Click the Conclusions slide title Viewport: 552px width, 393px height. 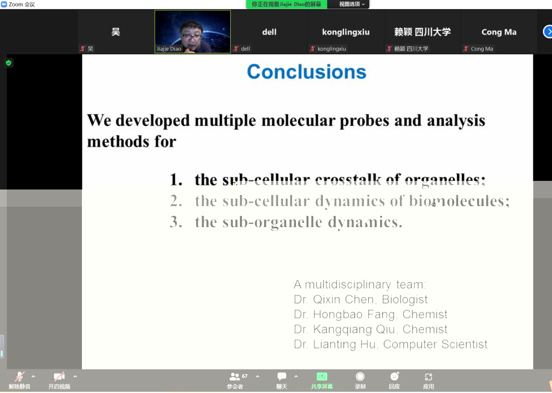[x=306, y=72]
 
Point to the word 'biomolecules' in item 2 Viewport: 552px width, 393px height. [x=459, y=201]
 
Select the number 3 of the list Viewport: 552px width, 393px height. [x=176, y=222]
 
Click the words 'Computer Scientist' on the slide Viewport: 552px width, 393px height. [x=435, y=344]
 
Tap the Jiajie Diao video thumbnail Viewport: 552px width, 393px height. [x=192, y=32]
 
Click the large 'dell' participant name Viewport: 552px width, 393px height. [x=270, y=32]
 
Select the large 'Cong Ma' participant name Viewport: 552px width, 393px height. [x=499, y=32]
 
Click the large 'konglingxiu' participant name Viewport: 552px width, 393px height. [x=346, y=32]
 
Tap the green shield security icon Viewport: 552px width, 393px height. [x=9, y=63]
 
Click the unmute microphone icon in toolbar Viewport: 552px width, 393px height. [x=19, y=376]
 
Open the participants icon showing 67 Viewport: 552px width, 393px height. [x=235, y=376]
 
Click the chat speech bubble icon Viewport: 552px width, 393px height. [x=281, y=376]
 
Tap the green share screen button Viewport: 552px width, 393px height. [x=322, y=376]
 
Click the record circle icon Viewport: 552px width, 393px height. [x=360, y=376]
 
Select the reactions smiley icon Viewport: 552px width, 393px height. [x=394, y=376]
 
